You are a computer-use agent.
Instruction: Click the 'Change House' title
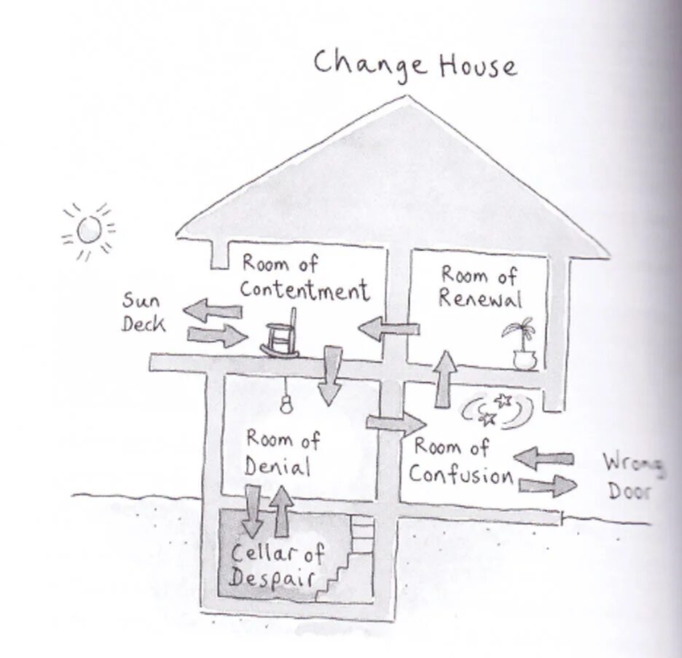click(415, 64)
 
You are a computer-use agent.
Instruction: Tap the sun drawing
click(89, 230)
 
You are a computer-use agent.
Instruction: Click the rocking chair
click(281, 336)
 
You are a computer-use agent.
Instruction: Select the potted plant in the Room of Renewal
click(522, 343)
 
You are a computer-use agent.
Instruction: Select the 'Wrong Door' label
click(631, 476)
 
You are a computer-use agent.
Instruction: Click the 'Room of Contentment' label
click(305, 277)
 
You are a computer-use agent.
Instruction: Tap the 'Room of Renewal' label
click(480, 287)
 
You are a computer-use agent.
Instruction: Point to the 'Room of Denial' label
click(281, 452)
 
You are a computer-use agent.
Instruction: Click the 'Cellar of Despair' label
click(277, 566)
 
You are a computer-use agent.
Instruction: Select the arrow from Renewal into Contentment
click(388, 329)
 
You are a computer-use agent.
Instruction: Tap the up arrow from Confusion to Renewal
click(446, 378)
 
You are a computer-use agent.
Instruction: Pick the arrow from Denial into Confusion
click(396, 423)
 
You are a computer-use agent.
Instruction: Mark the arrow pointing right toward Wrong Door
click(547, 485)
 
